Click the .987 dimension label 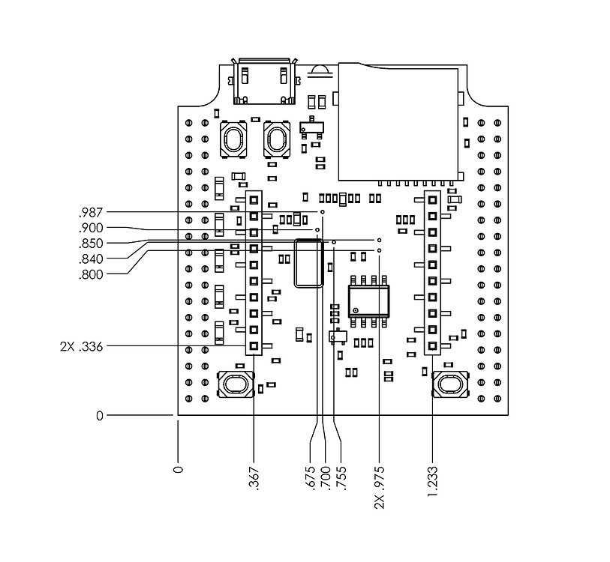(x=91, y=212)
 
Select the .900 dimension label (x=91, y=228)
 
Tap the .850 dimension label (x=91, y=244)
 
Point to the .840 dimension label (x=91, y=259)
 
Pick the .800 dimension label (x=91, y=275)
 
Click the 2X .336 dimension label (x=82, y=346)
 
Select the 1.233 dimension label (x=433, y=481)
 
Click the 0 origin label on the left (x=100, y=415)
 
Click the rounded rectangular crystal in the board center (x=308, y=262)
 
